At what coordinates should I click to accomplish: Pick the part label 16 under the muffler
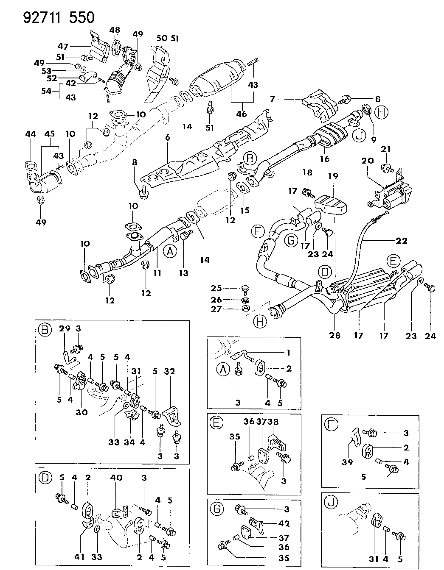[325, 159]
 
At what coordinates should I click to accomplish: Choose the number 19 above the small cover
[333, 175]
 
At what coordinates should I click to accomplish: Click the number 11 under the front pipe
[157, 273]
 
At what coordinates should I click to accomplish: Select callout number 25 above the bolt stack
[216, 288]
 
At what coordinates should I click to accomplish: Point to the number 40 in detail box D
[116, 477]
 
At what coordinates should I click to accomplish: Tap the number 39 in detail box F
[347, 463]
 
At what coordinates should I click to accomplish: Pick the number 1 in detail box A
[289, 353]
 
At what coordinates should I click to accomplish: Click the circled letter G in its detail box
[217, 509]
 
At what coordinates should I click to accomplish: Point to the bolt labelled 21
[387, 168]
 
